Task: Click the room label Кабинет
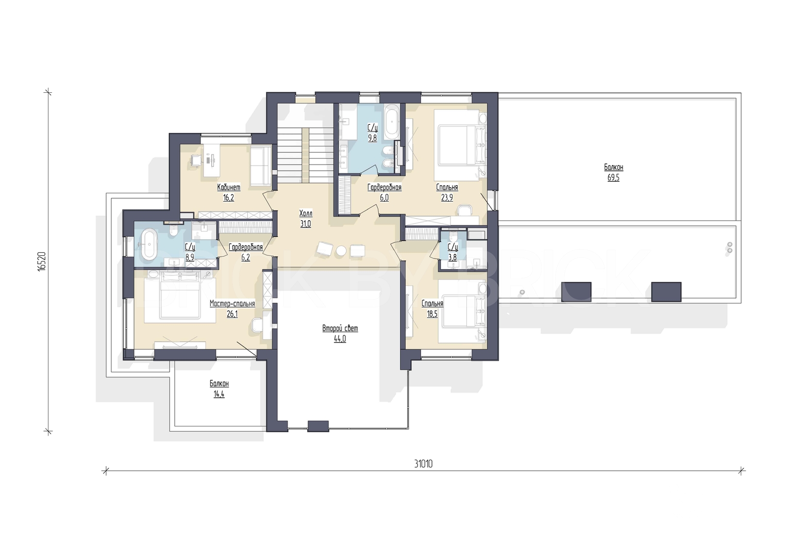point(228,187)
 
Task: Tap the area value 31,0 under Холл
point(305,224)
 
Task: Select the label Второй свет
point(340,329)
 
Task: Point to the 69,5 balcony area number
point(613,177)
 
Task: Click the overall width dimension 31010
point(423,464)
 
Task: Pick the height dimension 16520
point(41,261)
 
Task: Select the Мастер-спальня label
point(232,303)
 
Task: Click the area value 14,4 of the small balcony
point(219,394)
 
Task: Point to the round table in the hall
point(341,251)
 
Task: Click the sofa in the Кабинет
point(261,166)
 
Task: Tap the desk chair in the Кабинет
point(196,160)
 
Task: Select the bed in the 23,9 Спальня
point(460,145)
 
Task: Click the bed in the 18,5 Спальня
point(462,311)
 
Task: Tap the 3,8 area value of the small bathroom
point(453,257)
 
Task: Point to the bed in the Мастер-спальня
point(180,297)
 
